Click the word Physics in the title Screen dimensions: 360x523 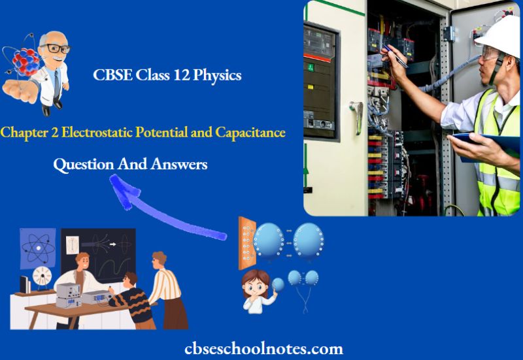(218, 76)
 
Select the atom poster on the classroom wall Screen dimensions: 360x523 (33, 248)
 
